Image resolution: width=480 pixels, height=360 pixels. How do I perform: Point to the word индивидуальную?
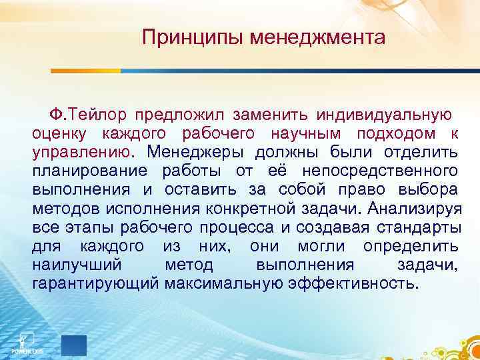383,110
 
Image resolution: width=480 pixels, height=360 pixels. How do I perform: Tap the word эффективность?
353,285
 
